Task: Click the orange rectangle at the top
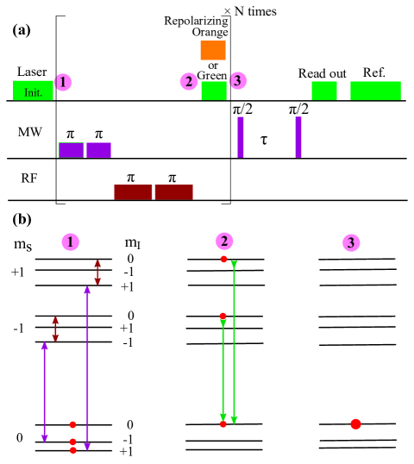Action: tap(213, 50)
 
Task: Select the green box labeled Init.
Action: tap(33, 90)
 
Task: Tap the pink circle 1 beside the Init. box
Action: tap(63, 82)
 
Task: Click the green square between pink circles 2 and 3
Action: tap(214, 91)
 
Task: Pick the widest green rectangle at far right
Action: tap(375, 91)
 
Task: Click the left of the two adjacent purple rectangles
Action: tap(72, 150)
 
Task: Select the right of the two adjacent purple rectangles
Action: tap(98, 150)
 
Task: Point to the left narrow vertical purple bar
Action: tap(241, 137)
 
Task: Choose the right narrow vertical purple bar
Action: tap(298, 137)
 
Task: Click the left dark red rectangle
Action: tap(133, 191)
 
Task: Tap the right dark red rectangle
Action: tap(173, 191)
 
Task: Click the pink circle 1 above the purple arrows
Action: tap(71, 242)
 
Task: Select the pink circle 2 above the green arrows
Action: tap(224, 241)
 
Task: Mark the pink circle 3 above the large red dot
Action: tap(351, 243)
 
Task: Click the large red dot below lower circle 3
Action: tap(355, 423)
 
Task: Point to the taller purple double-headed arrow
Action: tap(87, 368)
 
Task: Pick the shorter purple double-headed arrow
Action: tap(45, 392)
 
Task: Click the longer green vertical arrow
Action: tap(234, 342)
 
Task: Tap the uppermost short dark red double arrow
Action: tap(97, 272)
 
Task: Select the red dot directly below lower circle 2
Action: tap(223, 259)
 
